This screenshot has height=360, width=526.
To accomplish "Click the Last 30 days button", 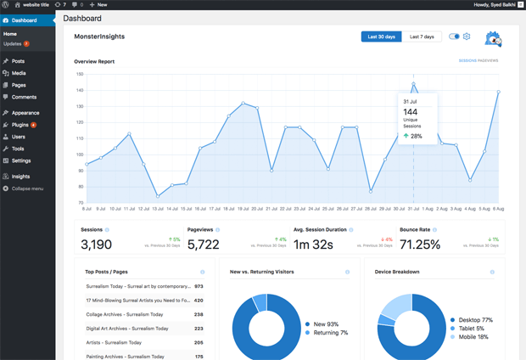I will click(x=381, y=37).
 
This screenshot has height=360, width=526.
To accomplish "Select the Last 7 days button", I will click(x=422, y=37).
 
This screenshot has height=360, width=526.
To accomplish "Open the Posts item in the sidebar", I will click(x=18, y=61).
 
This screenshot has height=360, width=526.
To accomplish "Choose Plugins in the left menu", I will click(x=20, y=124).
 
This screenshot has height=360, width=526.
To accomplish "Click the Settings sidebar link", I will click(x=21, y=160).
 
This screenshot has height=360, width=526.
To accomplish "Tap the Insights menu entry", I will click(x=20, y=177).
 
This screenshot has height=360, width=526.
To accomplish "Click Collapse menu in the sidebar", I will click(x=27, y=188).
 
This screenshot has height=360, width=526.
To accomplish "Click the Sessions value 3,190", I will click(x=96, y=245).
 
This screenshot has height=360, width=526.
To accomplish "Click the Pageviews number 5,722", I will click(x=203, y=245).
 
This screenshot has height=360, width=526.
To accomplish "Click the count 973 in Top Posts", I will click(x=199, y=287).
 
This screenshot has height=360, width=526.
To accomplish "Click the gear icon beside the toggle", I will click(x=467, y=37).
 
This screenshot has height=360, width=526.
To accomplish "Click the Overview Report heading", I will click(x=94, y=61).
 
